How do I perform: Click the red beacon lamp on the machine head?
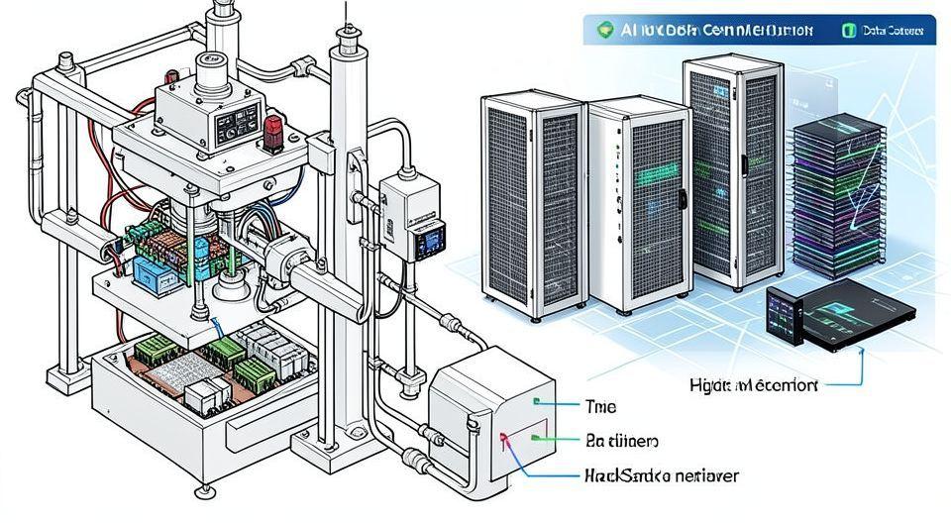274,129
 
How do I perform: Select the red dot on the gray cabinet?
504,436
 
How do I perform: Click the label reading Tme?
601,405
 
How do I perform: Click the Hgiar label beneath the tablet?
754,385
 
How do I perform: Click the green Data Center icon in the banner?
848,31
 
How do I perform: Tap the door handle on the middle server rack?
682,197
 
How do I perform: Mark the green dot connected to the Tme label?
535,403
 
